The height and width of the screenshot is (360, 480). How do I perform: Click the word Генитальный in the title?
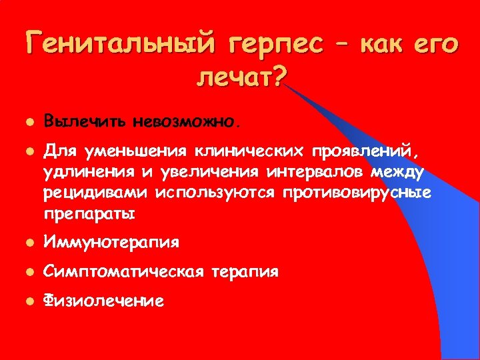pos(121,45)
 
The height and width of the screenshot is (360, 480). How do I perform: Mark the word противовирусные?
pos(357,194)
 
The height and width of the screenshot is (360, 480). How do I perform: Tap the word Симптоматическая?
pos(123,272)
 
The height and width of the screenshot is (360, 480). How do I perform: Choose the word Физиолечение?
pos(103,301)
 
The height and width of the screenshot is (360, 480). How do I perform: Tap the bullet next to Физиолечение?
pos(27,301)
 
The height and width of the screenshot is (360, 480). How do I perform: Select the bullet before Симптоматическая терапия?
pos(27,272)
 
